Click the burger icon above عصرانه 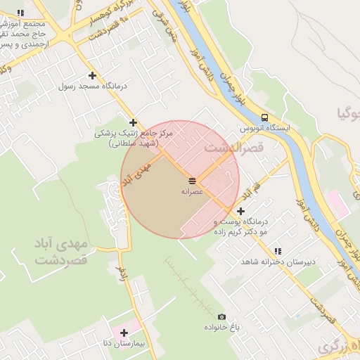193,181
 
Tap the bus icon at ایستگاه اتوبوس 264,117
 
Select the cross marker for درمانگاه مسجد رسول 92,75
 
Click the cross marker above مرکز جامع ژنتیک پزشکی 133,122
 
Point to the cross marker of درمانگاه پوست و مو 240,211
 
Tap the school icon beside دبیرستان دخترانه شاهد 278,251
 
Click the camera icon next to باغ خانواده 222,317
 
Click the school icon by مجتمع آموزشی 20,13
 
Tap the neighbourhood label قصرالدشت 233,149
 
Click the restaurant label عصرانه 192,192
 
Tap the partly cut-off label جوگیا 349,112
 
